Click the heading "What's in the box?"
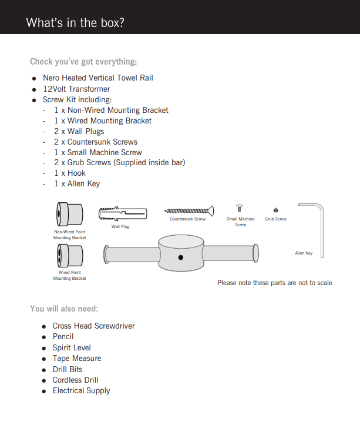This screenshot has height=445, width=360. click(75, 23)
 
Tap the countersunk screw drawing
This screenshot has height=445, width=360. click(188, 210)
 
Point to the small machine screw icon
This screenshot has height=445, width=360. click(240, 208)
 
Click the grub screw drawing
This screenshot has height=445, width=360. click(275, 210)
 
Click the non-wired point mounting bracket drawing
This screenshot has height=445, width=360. click(69, 215)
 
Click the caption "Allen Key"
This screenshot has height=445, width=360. click(304, 253)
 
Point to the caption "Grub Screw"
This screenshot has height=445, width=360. click(275, 219)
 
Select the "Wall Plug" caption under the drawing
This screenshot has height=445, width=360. click(120, 226)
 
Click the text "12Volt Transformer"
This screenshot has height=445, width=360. click(76, 89)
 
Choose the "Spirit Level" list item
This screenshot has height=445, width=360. click(72, 347)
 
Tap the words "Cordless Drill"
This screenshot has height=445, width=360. click(75, 380)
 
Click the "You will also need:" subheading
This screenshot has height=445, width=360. click(64, 309)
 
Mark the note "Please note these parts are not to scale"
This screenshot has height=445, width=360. click(274, 283)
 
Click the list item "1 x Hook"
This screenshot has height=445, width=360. click(70, 173)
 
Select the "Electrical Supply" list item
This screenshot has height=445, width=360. click(81, 390)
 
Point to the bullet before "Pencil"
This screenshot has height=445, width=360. click(44, 337)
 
